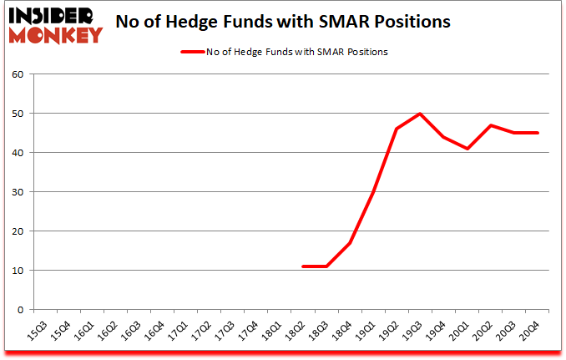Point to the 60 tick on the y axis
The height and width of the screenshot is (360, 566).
click(x=16, y=74)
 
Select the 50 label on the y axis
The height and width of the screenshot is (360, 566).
click(x=16, y=113)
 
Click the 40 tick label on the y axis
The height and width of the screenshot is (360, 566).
click(x=16, y=152)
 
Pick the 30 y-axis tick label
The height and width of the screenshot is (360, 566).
click(x=16, y=191)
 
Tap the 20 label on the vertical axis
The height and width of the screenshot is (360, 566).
click(x=16, y=231)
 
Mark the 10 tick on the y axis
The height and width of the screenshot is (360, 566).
click(x=16, y=271)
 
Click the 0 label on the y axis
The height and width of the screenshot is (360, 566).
click(x=18, y=310)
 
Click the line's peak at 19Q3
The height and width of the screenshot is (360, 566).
click(x=420, y=114)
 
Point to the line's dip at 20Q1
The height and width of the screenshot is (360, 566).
click(x=467, y=149)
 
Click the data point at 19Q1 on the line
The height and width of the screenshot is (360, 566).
click(x=372, y=192)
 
